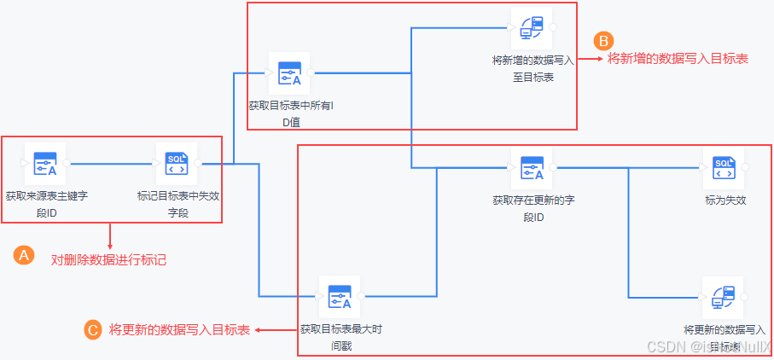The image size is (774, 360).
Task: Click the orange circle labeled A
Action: (24, 255)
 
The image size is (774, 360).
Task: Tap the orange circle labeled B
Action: (602, 40)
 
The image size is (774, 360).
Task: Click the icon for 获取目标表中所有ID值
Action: (289, 73)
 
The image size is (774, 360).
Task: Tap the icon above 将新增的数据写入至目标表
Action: (532, 27)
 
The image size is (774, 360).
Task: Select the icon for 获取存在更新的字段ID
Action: (532, 167)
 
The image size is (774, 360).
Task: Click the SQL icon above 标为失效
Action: (724, 167)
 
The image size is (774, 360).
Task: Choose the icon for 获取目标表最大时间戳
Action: (340, 297)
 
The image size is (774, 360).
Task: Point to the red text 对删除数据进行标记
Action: (109, 259)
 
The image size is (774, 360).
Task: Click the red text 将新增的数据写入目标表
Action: (678, 59)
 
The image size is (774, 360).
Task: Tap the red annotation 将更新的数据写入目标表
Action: (179, 329)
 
